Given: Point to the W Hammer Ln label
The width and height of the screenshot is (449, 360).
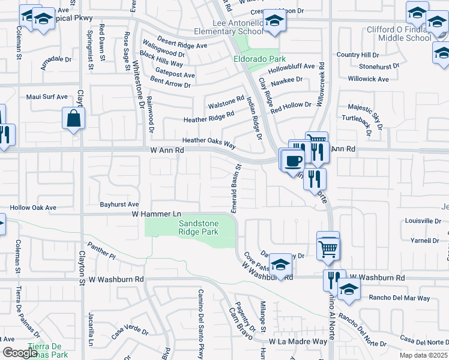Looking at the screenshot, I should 157,214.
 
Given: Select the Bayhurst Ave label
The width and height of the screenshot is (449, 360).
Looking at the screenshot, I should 119,205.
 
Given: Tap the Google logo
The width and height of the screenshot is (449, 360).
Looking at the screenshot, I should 20,353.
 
